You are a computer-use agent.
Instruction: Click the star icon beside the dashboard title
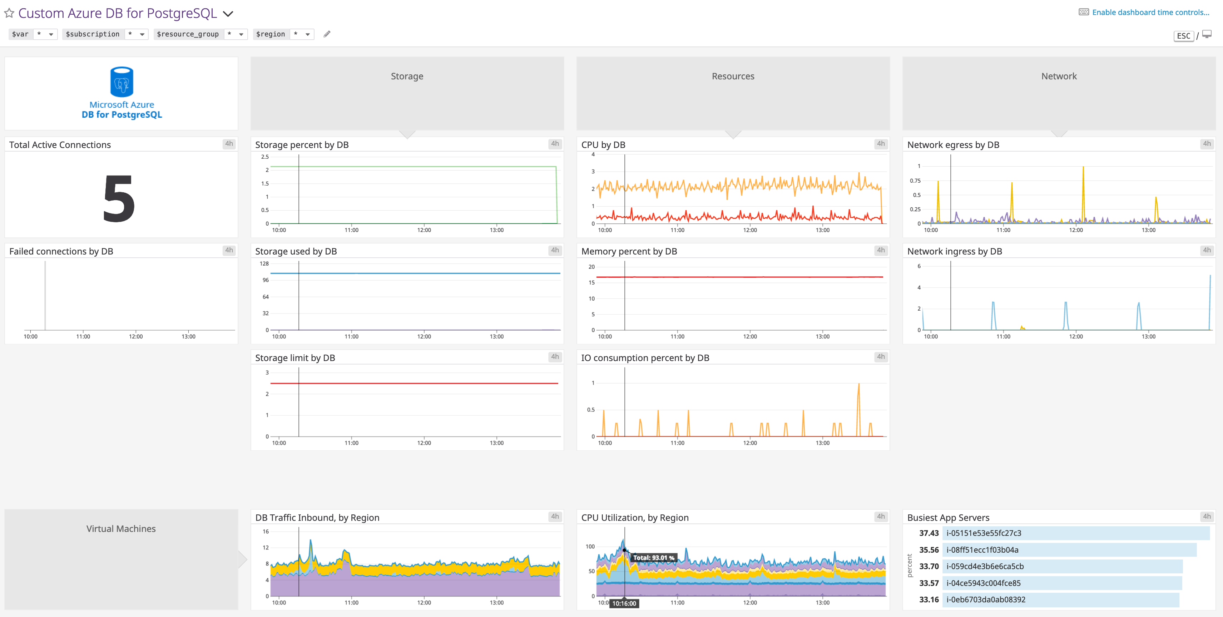(x=9, y=13)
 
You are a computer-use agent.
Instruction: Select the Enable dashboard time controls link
(x=1150, y=13)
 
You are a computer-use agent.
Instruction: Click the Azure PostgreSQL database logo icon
(x=122, y=82)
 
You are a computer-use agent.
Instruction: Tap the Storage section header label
(x=407, y=76)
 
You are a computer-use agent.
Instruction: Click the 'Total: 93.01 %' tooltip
(x=653, y=558)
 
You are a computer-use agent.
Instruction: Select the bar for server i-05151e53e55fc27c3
(x=1075, y=533)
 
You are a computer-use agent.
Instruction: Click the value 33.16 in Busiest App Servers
(x=929, y=599)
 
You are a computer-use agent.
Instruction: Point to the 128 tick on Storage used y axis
(x=264, y=263)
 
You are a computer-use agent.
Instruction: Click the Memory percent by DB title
(x=629, y=251)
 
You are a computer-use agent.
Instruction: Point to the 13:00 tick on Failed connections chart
(x=188, y=336)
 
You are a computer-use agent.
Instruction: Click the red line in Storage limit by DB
(x=413, y=383)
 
